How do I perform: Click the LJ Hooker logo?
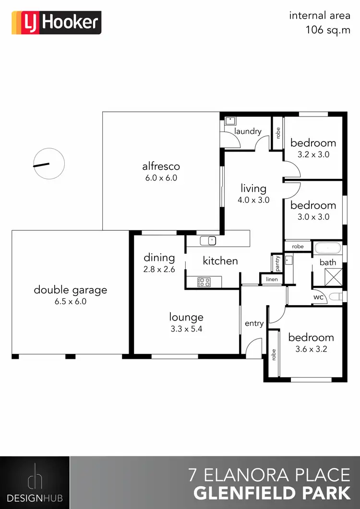click(x=56, y=23)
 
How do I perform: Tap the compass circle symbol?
click(x=48, y=164)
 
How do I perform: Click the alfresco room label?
click(x=161, y=166)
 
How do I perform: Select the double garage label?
click(x=70, y=290)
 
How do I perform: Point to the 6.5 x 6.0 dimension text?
click(x=70, y=302)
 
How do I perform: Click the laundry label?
click(x=248, y=131)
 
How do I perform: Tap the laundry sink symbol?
click(x=229, y=120)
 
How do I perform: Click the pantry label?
click(x=277, y=263)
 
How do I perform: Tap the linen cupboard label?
click(x=272, y=279)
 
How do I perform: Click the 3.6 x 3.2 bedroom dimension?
click(x=311, y=349)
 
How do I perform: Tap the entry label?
click(x=254, y=323)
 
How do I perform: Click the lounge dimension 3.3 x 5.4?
click(x=186, y=329)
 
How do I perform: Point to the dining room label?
click(x=159, y=258)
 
